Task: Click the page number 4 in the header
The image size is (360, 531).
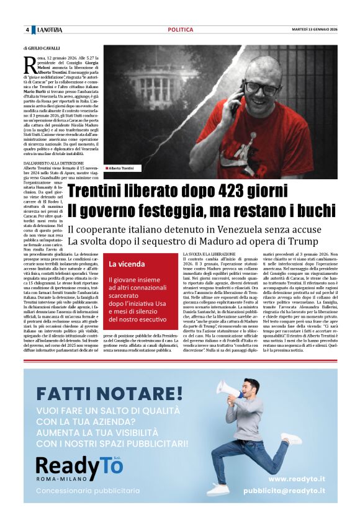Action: pos(27,30)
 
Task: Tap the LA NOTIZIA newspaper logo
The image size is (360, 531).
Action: pos(49,30)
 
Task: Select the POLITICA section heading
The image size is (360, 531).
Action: pos(181,30)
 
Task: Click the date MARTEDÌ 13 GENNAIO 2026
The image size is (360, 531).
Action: pos(315,30)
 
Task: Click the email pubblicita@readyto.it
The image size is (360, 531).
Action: pos(284,491)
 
